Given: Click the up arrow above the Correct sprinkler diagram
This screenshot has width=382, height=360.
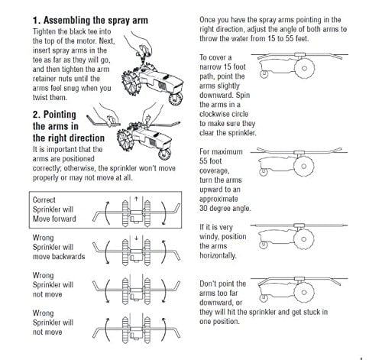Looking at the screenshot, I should point(134,198).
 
